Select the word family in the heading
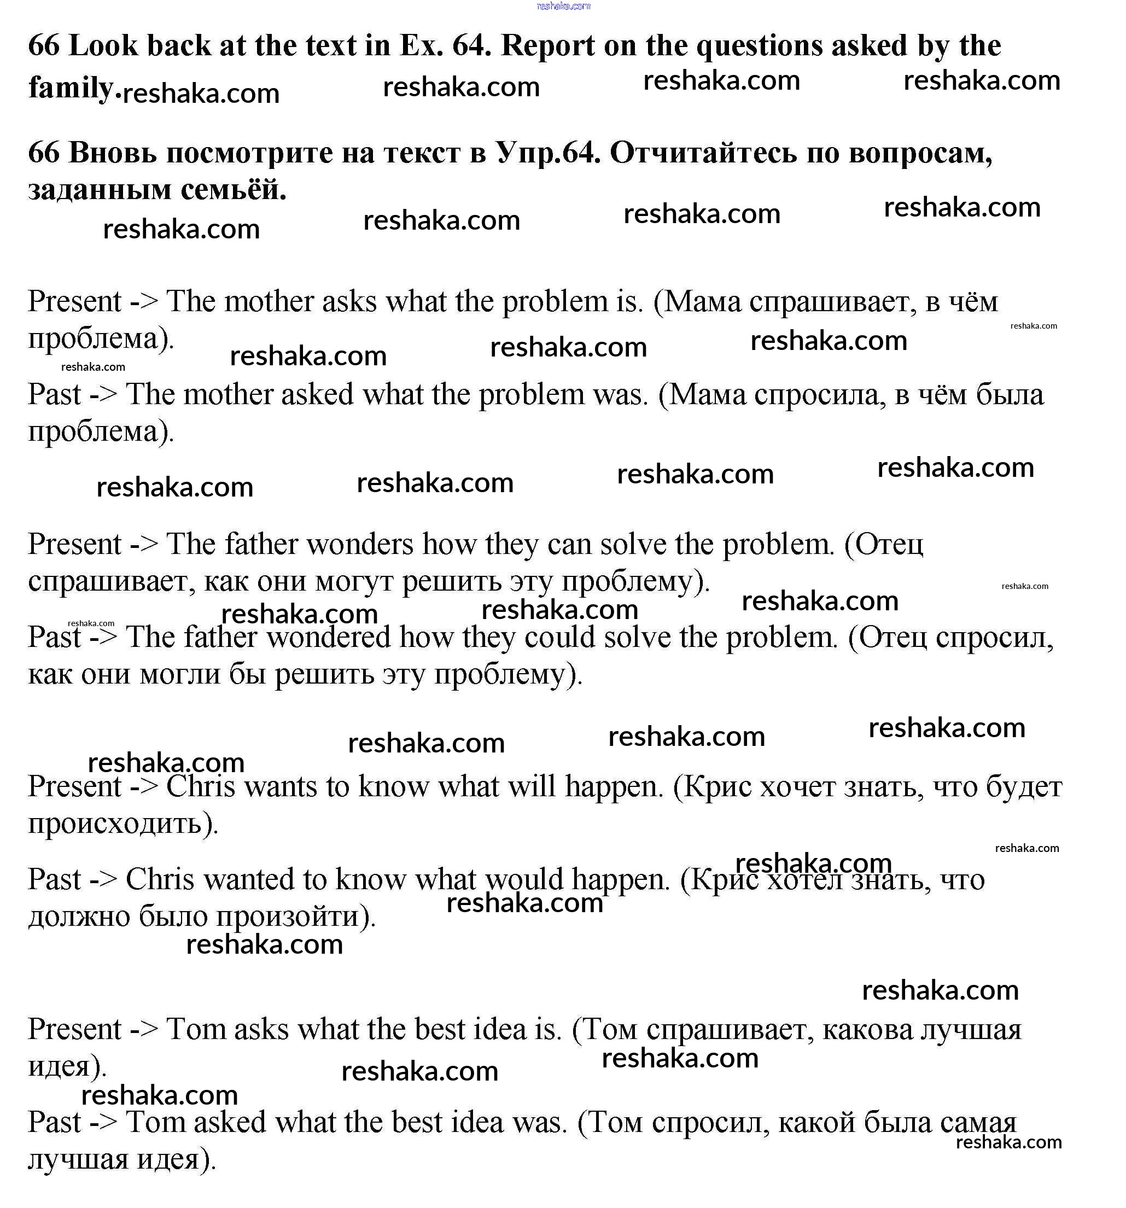(71, 87)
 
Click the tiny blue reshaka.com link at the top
(563, 6)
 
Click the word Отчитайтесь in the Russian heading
(703, 153)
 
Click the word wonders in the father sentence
(360, 544)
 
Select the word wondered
(329, 637)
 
